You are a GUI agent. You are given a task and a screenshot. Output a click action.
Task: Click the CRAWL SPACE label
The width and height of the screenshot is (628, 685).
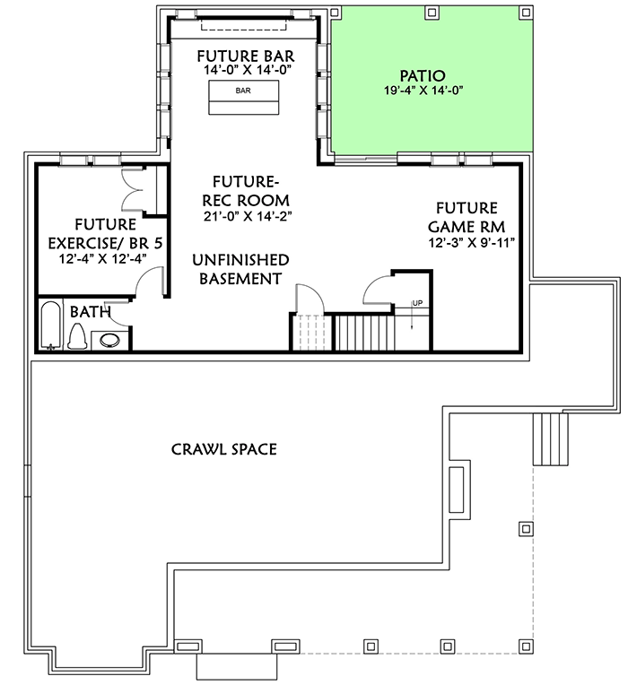pos(223,447)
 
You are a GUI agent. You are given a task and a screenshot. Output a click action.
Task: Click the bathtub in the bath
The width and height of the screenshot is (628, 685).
pos(50,327)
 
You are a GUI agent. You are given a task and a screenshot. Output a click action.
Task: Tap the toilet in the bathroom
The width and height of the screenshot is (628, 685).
pos(78,337)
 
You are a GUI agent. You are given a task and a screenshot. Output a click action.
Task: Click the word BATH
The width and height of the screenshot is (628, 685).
pos(90,312)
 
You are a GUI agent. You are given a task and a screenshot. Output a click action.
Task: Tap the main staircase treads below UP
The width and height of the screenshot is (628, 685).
pos(363,333)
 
